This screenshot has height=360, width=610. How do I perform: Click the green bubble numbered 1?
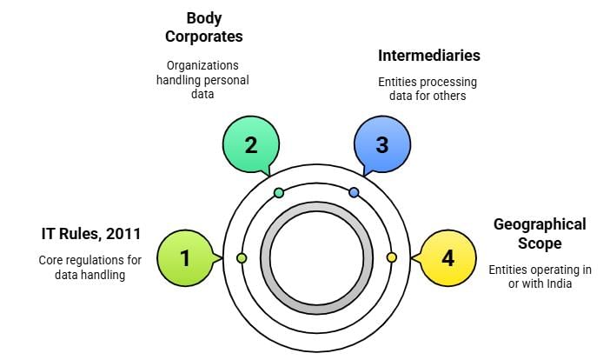point(184,257)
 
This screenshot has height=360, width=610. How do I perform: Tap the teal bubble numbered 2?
point(250,144)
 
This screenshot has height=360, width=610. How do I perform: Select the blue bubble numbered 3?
point(381,144)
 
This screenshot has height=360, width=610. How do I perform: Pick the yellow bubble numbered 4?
point(448,257)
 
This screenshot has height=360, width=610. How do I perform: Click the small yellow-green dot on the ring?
point(242,258)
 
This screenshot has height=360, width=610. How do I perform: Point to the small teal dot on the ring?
point(278,192)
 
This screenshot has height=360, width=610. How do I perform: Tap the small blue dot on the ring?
point(354,192)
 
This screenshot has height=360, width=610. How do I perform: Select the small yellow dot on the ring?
point(391,257)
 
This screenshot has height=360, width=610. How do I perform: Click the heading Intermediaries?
point(428,56)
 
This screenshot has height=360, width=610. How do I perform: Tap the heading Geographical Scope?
point(539,234)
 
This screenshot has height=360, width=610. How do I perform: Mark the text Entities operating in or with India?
point(540,277)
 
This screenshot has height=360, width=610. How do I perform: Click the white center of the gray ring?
point(316,258)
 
